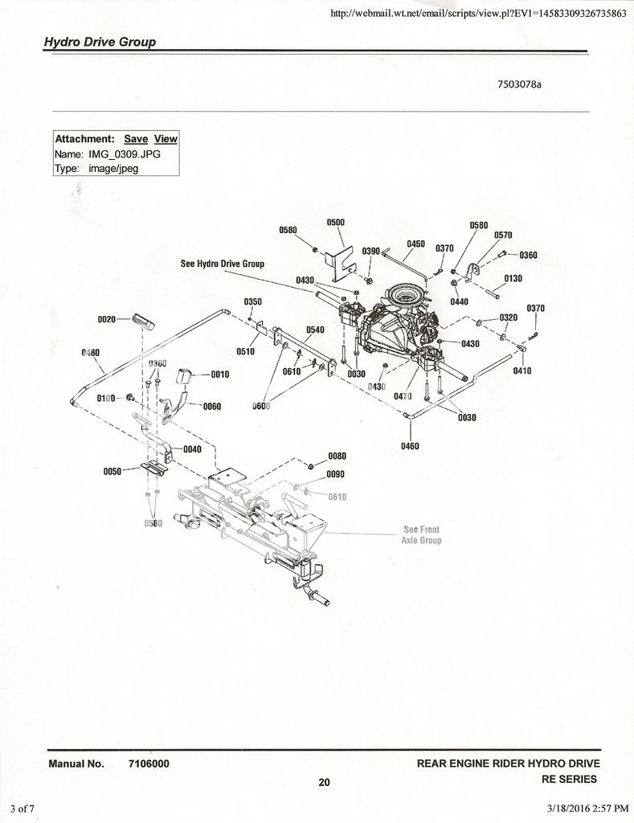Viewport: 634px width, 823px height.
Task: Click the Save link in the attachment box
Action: click(x=136, y=139)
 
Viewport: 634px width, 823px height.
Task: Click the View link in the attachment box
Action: click(x=166, y=139)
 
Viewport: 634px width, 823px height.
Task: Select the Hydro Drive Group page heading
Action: click(x=100, y=42)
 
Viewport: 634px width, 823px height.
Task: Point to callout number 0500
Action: click(x=336, y=223)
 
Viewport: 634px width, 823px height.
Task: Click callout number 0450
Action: click(x=415, y=244)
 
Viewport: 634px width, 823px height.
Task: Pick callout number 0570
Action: click(x=503, y=235)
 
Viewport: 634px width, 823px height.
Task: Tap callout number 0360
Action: click(x=528, y=256)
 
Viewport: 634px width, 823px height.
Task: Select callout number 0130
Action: click(x=513, y=279)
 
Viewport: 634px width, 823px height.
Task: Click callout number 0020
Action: click(x=107, y=319)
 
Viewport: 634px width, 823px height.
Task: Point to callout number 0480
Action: click(x=91, y=353)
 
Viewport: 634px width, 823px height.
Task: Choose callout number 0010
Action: click(x=220, y=375)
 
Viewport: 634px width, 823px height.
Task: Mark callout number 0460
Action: click(x=410, y=446)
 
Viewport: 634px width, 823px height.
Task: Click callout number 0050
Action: click(x=112, y=472)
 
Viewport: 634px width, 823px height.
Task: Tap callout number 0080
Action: click(x=336, y=457)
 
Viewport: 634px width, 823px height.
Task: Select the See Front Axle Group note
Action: click(x=421, y=535)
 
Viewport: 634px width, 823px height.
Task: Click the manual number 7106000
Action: click(x=148, y=764)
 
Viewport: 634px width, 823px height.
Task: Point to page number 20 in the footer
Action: click(x=324, y=783)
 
